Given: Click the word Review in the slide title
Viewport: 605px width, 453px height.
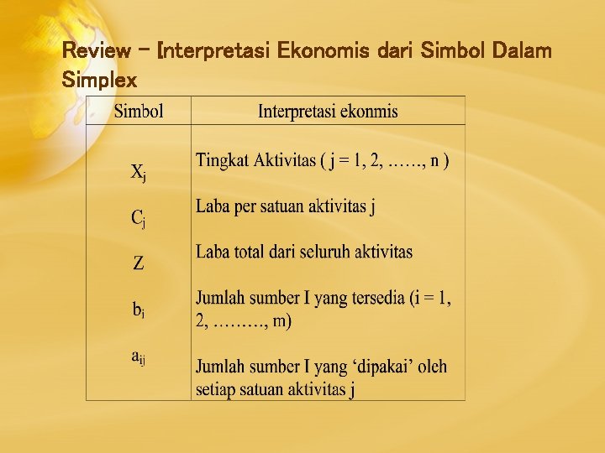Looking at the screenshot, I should tap(96, 50).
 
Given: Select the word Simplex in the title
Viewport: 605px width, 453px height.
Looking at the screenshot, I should tap(99, 80).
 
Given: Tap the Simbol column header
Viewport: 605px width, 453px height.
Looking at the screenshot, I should tap(139, 111).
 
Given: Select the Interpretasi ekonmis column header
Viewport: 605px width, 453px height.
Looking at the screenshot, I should tap(328, 111).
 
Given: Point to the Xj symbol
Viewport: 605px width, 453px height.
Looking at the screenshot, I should tap(139, 173).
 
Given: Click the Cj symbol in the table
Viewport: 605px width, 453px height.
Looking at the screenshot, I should tap(139, 218).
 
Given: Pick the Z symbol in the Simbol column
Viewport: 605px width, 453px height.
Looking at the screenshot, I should tap(139, 263).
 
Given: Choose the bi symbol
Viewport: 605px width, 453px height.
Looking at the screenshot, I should tap(139, 310).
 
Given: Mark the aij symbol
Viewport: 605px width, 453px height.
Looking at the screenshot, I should tap(139, 357).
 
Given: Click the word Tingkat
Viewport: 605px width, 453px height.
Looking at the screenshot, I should tap(220, 161).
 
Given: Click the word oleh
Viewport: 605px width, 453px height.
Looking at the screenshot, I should tap(431, 367).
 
